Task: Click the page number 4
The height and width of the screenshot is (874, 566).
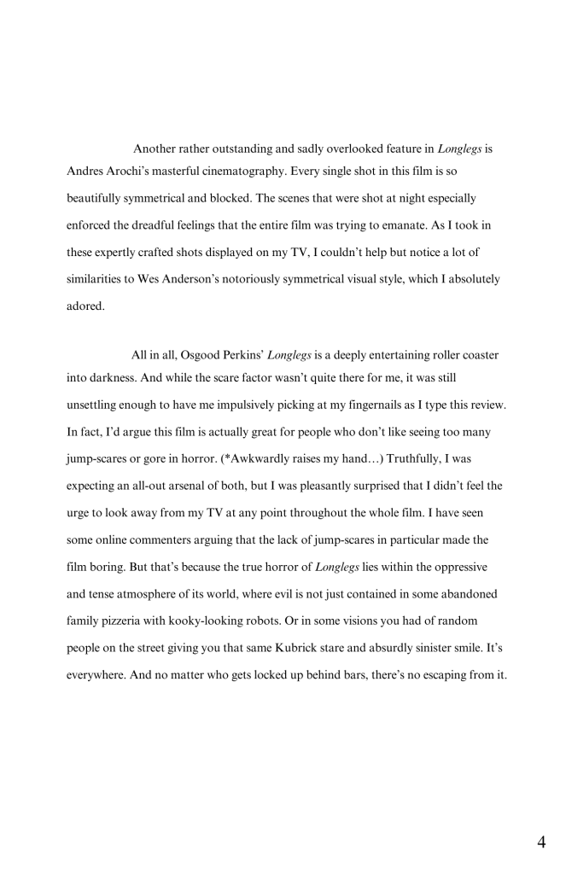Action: [x=541, y=843]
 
